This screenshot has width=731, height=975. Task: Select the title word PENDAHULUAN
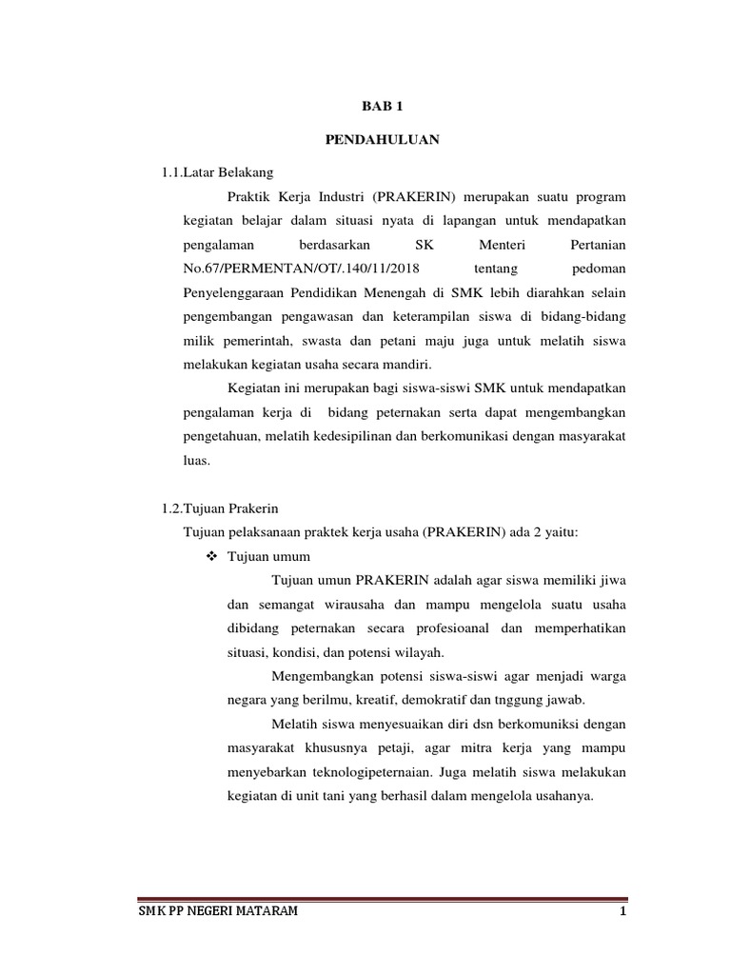point(365,139)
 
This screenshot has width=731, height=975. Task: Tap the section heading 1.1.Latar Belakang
point(218,172)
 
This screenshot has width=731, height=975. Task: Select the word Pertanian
point(598,244)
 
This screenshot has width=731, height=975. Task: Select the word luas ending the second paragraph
point(194,460)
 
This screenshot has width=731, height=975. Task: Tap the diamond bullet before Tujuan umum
point(210,555)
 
